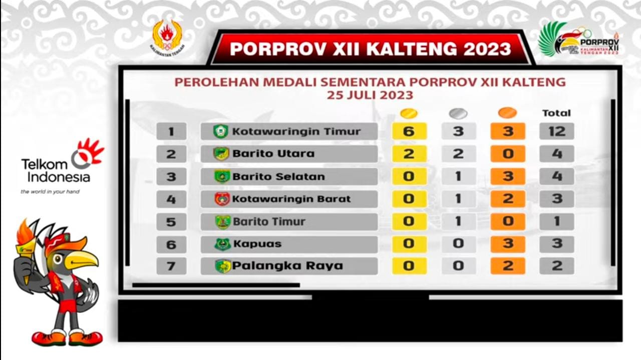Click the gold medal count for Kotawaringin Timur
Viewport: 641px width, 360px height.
tap(409, 131)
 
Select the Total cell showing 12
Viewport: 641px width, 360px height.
tap(556, 131)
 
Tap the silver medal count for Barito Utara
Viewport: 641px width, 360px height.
tap(458, 154)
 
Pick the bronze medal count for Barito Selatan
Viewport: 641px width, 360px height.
tap(508, 176)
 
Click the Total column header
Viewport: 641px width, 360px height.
tap(556, 113)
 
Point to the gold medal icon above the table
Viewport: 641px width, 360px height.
tap(409, 113)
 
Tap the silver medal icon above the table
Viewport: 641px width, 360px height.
tap(458, 113)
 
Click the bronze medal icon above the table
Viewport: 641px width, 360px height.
tap(507, 113)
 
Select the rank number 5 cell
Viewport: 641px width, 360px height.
tap(171, 222)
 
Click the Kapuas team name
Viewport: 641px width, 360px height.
tap(257, 244)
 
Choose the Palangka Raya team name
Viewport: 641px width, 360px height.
tap(287, 266)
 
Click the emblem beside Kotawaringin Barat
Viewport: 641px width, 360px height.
tap(222, 199)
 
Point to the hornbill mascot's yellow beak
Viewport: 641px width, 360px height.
tap(82, 260)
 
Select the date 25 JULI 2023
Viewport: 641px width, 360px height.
tap(370, 95)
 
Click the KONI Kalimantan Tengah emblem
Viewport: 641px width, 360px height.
tap(168, 38)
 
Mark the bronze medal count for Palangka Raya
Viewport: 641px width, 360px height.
tap(508, 266)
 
